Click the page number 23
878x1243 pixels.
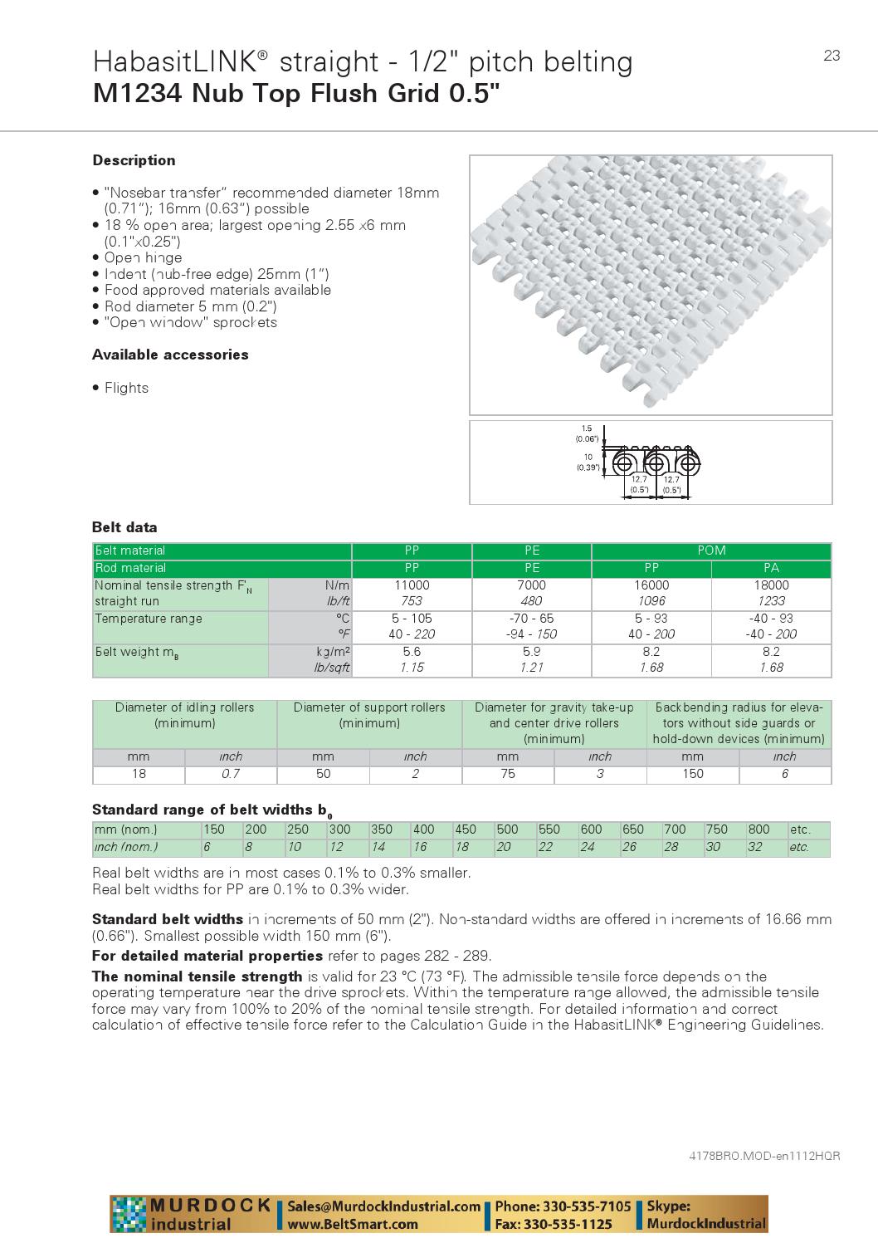click(832, 56)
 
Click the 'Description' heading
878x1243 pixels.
click(134, 160)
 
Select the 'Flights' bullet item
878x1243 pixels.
click(126, 388)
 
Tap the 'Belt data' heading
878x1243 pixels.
click(124, 527)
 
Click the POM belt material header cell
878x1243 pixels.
click(711, 551)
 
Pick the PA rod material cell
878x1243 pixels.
click(771, 568)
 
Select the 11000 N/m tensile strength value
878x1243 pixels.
click(411, 585)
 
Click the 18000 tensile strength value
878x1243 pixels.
click(771, 585)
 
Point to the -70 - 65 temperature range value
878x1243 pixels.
click(531, 619)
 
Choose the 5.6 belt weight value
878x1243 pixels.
click(411, 652)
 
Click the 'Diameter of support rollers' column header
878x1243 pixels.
click(368, 707)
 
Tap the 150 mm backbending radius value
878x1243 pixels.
click(692, 774)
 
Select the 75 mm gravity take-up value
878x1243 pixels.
click(507, 774)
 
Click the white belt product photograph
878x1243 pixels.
click(650, 285)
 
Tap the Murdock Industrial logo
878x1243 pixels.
click(193, 1214)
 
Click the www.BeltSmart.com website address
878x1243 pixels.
click(353, 1224)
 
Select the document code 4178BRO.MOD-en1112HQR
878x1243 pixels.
click(764, 1156)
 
